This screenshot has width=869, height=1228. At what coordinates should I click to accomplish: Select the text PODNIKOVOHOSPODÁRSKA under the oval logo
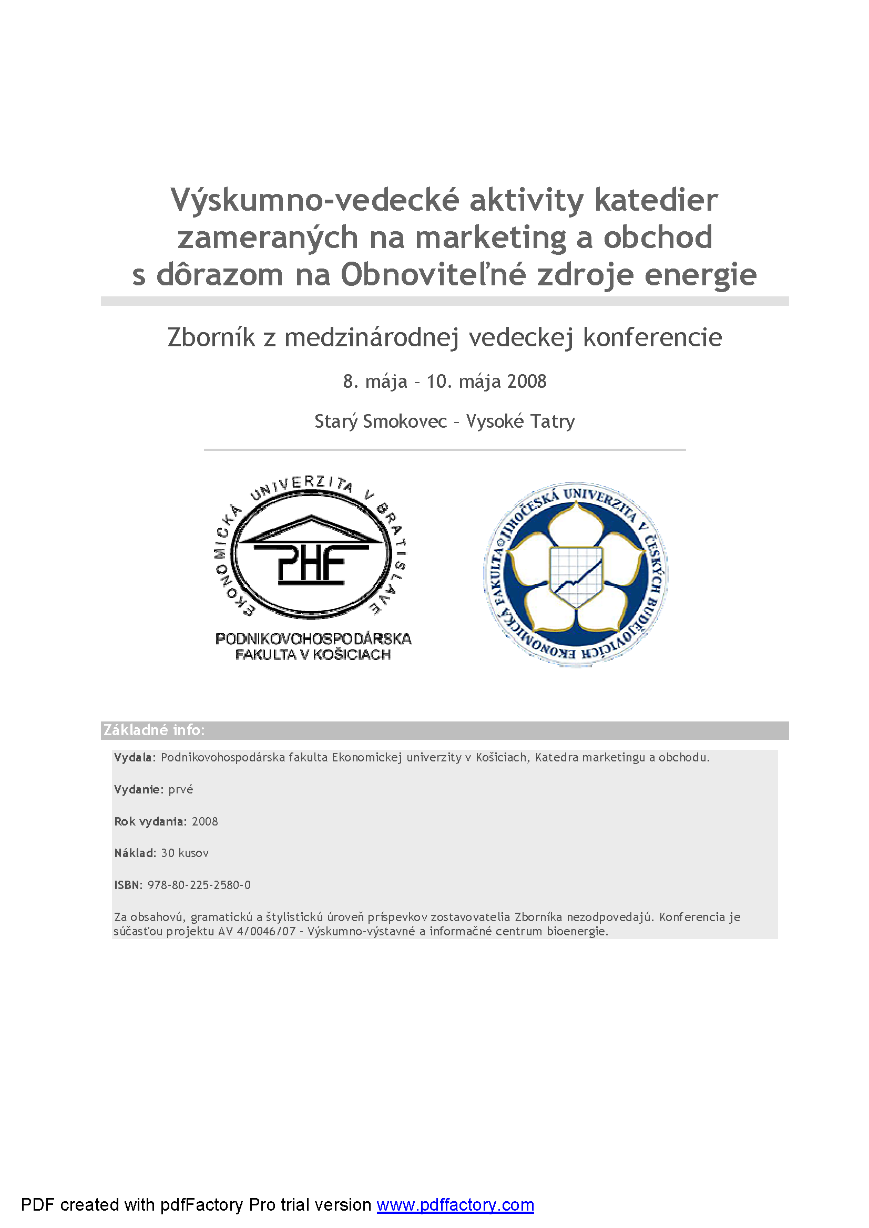pos(313,638)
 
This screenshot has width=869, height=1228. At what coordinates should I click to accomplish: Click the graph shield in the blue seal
pos(576,575)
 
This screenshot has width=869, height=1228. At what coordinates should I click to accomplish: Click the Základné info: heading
pos(154,730)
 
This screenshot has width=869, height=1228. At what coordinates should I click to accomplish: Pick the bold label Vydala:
pos(134,757)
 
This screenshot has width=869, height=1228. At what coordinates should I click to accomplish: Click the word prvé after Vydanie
pos(180,789)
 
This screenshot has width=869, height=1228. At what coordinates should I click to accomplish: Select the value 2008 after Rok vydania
pos(205,821)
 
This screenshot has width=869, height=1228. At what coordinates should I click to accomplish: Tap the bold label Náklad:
pos(135,853)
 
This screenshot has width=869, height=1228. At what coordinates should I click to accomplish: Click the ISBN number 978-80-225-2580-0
pos(199,885)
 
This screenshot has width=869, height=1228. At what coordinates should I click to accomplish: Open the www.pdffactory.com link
pos(455,1204)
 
